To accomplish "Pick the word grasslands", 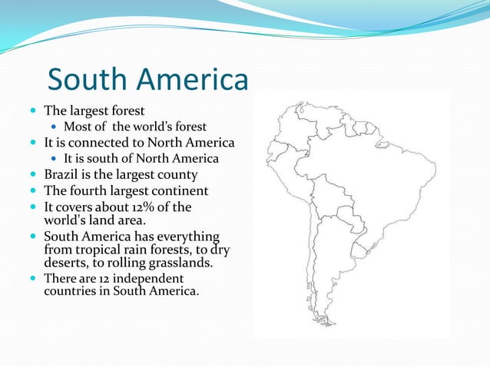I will pyautogui.click(x=175, y=263).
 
